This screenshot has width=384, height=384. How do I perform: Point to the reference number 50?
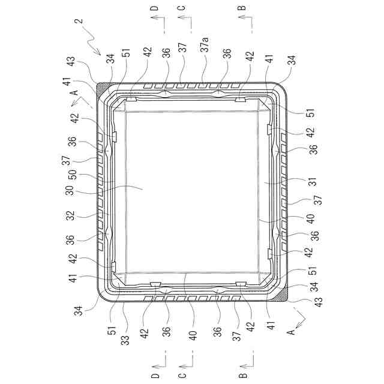tap(73, 175)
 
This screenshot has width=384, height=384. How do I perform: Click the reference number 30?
tap(70, 190)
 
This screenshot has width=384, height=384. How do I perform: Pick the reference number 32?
tap(70, 216)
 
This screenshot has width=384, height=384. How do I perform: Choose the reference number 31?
tap(313, 181)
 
